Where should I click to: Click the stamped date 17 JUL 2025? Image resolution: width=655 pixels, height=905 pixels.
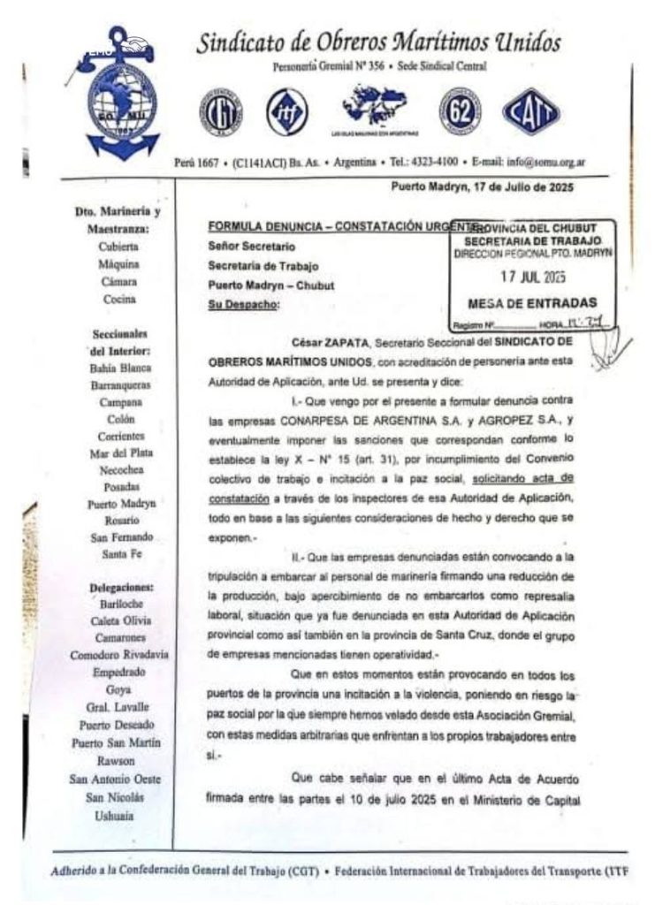click(532, 275)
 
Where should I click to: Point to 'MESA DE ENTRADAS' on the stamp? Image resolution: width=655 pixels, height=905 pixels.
click(531, 302)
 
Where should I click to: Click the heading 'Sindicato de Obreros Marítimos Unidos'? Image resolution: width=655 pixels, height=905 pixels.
click(378, 42)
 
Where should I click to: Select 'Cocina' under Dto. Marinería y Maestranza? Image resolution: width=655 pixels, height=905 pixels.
click(118, 299)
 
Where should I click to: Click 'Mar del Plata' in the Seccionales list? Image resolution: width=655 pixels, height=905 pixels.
click(118, 453)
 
